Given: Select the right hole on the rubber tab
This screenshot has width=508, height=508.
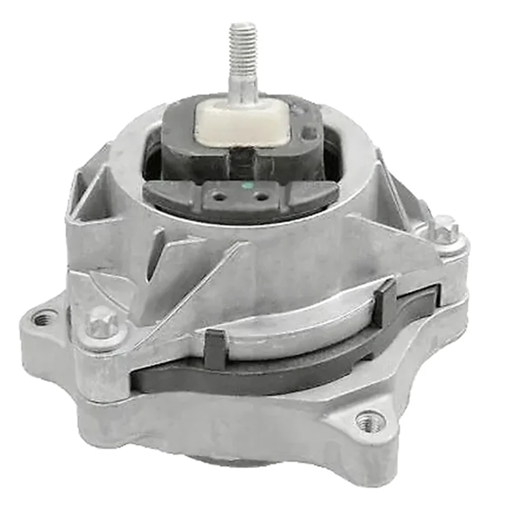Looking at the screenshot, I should tap(260, 196).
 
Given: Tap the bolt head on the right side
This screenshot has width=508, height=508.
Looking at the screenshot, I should tap(444, 227).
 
